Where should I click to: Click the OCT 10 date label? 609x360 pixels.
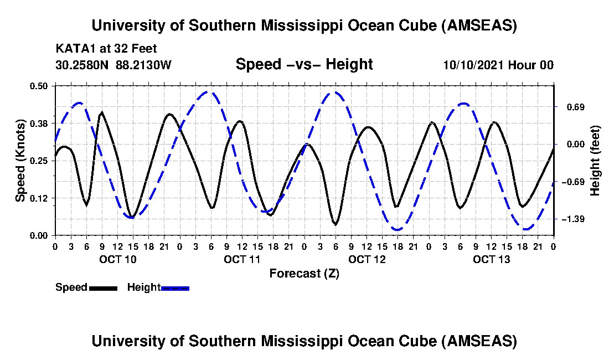(x=117, y=259)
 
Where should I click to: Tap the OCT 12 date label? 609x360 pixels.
(x=367, y=259)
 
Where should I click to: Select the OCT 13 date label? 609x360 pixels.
(x=492, y=259)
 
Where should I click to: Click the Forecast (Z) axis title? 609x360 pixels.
(x=304, y=274)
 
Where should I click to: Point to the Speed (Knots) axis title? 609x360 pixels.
(x=20, y=160)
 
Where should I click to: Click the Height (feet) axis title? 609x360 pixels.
(x=595, y=161)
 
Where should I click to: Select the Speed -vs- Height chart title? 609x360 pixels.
(x=304, y=64)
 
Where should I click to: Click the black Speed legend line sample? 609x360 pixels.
(x=102, y=288)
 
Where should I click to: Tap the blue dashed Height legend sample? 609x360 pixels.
(x=175, y=288)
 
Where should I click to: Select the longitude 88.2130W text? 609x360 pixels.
(x=144, y=65)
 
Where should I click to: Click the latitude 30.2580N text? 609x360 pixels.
(x=83, y=65)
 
